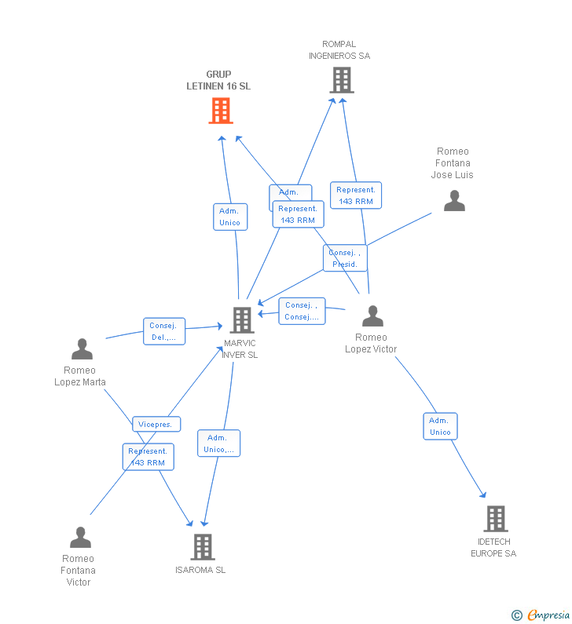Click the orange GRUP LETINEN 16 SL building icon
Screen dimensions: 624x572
click(x=221, y=111)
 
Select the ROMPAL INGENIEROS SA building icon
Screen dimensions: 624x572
click(x=341, y=80)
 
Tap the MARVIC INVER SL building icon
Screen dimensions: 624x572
click(x=242, y=319)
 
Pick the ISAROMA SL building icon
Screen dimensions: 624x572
click(x=203, y=547)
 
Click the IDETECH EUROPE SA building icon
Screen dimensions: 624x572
click(x=495, y=519)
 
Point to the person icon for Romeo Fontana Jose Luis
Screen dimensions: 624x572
click(x=454, y=200)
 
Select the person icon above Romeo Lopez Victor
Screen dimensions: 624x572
click(x=372, y=316)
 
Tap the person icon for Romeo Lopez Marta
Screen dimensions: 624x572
click(x=82, y=348)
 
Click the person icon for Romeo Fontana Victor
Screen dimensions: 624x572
click(x=80, y=538)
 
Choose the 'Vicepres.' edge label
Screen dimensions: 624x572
click(x=156, y=424)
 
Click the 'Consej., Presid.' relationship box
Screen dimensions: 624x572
click(x=345, y=258)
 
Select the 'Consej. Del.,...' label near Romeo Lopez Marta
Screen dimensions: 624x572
click(x=164, y=331)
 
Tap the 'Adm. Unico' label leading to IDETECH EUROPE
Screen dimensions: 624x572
click(x=440, y=426)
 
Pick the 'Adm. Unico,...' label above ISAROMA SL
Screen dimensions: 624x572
click(x=218, y=443)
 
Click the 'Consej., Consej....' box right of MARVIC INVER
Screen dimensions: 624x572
click(x=302, y=311)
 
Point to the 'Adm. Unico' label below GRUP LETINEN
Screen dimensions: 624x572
click(x=229, y=217)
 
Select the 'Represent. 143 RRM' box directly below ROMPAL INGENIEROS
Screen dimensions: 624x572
click(x=356, y=195)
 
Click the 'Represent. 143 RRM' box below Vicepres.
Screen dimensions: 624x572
click(x=148, y=457)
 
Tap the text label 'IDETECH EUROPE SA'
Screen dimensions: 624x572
click(x=493, y=548)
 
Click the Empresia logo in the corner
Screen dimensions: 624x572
click(x=541, y=615)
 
